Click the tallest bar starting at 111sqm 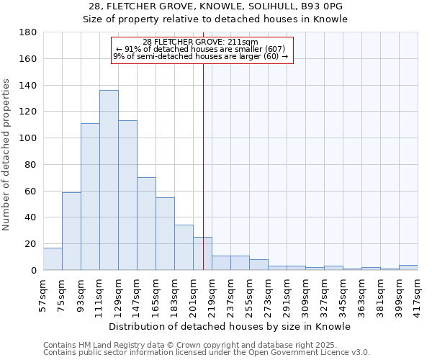[109, 180]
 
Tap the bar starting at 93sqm [90, 197]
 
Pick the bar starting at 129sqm [127, 195]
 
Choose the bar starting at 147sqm [146, 223]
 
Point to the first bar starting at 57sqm [53, 259]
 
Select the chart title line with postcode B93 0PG [216, 6]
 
